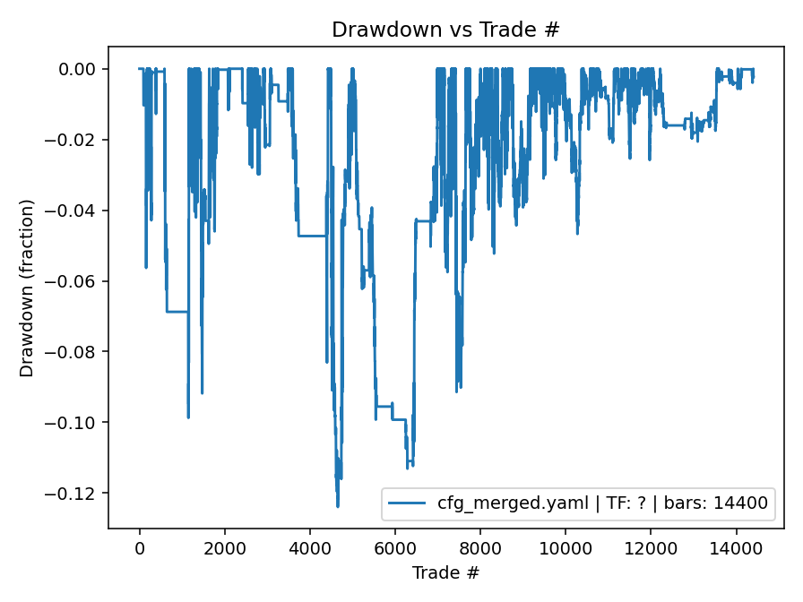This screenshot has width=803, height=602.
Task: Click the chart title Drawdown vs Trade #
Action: click(x=445, y=30)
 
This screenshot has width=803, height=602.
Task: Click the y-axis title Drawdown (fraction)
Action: click(x=28, y=288)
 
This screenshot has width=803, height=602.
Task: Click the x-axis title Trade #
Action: click(x=445, y=572)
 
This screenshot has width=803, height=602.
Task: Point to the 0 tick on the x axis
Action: click(x=140, y=548)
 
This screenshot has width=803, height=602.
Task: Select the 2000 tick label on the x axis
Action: click(x=225, y=548)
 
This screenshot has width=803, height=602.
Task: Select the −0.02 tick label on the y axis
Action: click(x=78, y=140)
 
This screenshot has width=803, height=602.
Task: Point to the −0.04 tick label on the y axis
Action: click(x=78, y=211)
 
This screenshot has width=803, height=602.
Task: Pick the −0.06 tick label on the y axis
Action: click(x=78, y=281)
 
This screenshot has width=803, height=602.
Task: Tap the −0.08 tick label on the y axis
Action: click(x=78, y=352)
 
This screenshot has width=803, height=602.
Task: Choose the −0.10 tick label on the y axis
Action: click(x=78, y=423)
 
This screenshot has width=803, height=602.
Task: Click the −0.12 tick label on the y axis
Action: click(x=78, y=494)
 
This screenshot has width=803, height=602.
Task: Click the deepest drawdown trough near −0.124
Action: click(x=338, y=506)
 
